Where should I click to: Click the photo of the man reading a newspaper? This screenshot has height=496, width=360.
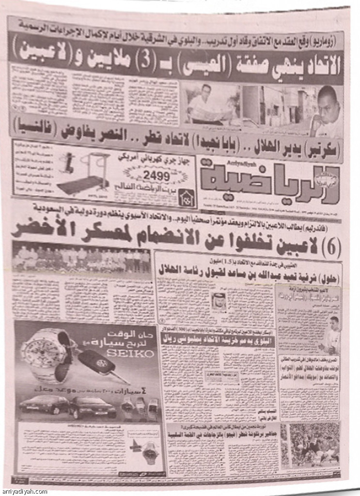(x=210, y=104)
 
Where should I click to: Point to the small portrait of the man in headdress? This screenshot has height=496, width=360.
(x=219, y=302)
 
